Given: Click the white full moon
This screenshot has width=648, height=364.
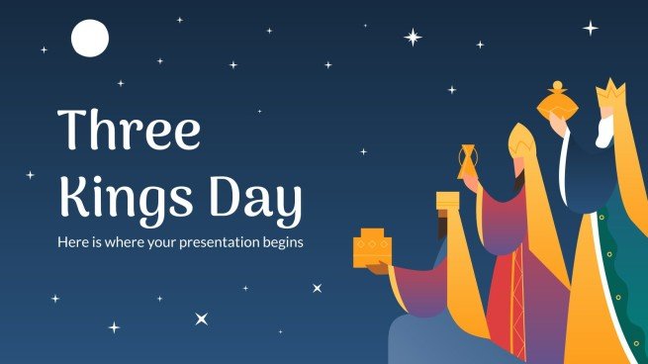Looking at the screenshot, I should point(89,39).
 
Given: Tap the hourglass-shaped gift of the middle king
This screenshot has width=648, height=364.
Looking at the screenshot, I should point(467,162).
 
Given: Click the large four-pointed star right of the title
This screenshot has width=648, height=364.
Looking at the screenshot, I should point(412,38).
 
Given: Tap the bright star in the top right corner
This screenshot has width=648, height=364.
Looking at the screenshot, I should point(591,29).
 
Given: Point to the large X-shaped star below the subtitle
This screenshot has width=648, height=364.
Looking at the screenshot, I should point(202,318).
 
